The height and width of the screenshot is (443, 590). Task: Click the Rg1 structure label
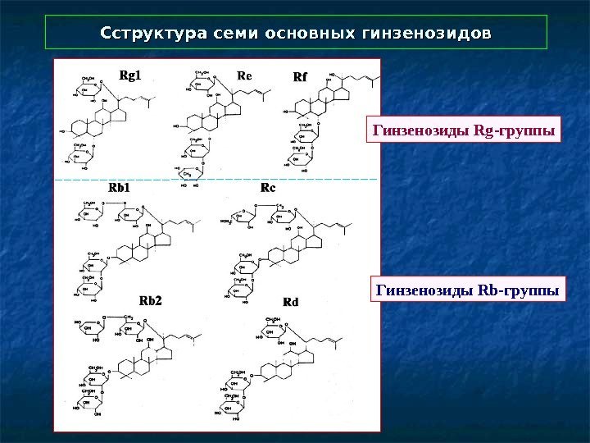click(130, 75)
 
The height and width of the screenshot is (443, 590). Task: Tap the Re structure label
click(244, 75)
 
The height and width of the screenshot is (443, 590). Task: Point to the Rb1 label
click(120, 188)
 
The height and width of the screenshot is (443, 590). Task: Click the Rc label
click(268, 188)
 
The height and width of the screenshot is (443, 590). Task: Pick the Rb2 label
click(150, 300)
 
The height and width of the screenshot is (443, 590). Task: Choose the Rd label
click(290, 301)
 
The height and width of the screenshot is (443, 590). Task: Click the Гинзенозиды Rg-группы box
click(464, 130)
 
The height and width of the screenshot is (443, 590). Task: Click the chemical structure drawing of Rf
click(323, 123)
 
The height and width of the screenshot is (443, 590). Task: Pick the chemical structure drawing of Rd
click(279, 369)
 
